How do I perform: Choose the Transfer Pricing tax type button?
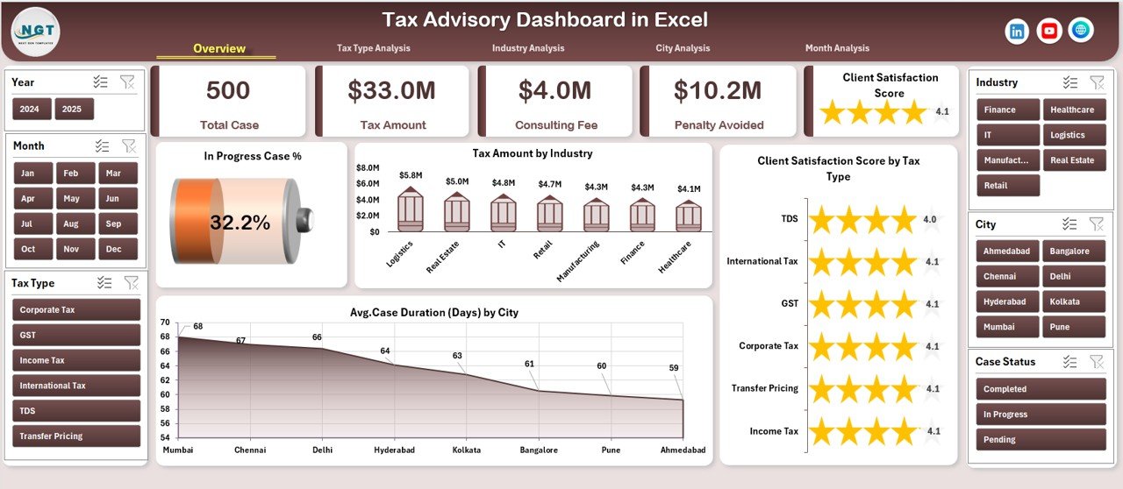[76, 436]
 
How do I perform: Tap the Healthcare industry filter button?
[1072, 110]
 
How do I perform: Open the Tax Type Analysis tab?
[373, 48]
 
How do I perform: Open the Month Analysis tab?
[837, 48]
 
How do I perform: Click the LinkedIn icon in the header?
[1017, 31]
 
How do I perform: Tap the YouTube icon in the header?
[1048, 31]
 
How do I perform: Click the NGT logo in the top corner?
[36, 31]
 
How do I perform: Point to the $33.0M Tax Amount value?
[392, 90]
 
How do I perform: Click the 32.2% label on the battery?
[240, 223]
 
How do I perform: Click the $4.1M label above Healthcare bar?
[689, 188]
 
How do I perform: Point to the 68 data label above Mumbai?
[198, 327]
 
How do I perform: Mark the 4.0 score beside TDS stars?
[930, 219]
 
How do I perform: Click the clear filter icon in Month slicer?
[128, 145]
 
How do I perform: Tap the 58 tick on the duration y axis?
[165, 408]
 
